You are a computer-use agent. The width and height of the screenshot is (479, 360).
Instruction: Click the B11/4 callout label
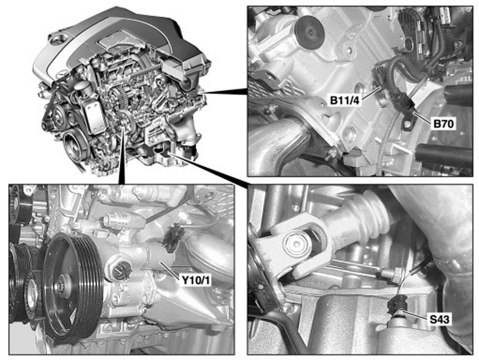[x=345, y=100]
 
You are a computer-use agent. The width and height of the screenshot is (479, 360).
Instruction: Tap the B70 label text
[x=444, y=124]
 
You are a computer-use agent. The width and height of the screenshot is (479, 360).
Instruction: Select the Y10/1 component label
[x=195, y=280]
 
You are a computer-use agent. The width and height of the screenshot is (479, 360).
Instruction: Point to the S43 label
[x=439, y=319]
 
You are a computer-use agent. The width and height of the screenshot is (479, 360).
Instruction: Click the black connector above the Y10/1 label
[x=173, y=237]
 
